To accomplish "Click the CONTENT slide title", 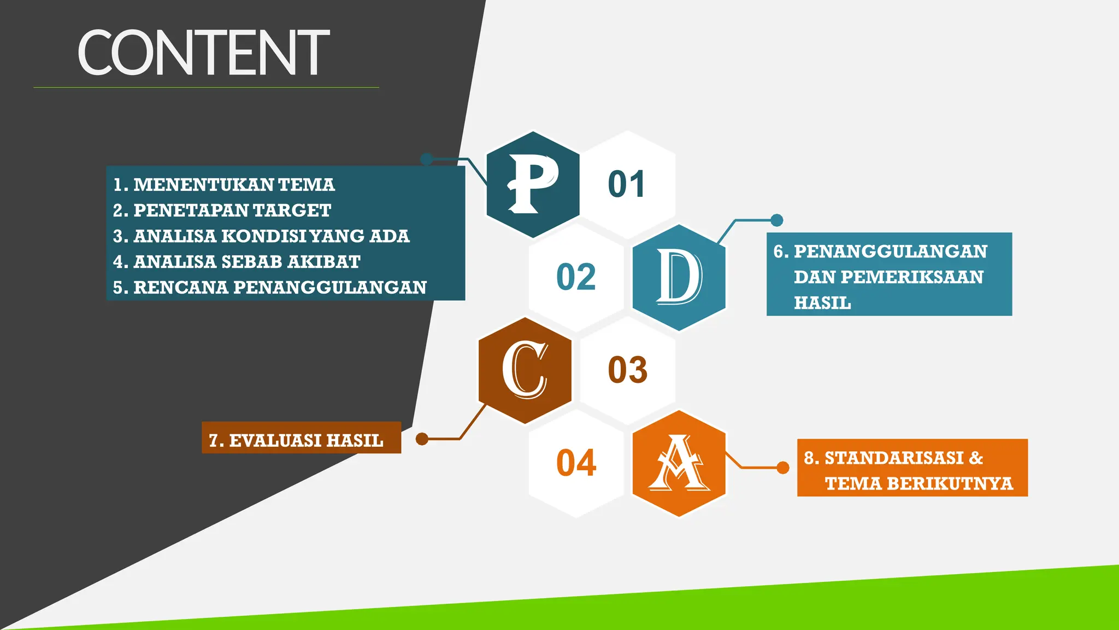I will tap(203, 53).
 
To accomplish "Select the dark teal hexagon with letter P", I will tap(533, 184).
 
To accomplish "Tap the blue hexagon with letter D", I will tap(679, 277).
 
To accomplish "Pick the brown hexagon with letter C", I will tap(525, 370).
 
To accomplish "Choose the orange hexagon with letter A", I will tap(679, 463).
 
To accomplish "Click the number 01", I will tap(627, 184).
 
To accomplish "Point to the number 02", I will tap(576, 277).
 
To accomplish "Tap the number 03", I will tap(627, 370).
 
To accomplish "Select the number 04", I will tap(576, 463).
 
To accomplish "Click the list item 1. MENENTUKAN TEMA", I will tap(224, 185).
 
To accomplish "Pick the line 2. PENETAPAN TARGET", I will tap(222, 211).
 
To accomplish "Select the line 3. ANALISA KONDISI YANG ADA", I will tap(261, 236).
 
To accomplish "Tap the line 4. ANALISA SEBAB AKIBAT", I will tap(237, 262).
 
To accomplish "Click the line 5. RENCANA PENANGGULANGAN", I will tap(269, 288).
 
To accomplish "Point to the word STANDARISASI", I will tap(894, 458).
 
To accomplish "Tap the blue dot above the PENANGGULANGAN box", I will tap(776, 220).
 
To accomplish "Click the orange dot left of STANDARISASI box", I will tap(783, 468).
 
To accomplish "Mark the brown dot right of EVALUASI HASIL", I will tap(422, 439).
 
